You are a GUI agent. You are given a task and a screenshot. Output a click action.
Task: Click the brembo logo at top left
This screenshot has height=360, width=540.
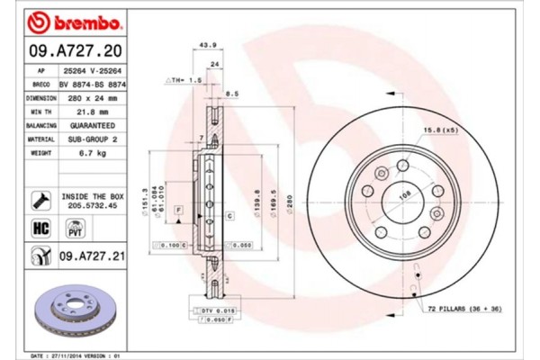click(67, 19)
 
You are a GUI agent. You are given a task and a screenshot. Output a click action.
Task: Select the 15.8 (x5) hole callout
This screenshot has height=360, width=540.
click(438, 130)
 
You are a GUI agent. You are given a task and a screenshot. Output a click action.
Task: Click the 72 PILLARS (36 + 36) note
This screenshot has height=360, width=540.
click(469, 309)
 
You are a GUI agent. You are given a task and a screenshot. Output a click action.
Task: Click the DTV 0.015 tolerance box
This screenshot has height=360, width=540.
click(214, 310)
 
